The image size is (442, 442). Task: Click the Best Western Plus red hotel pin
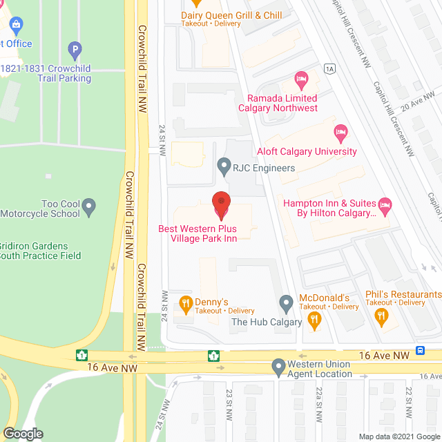(x=221, y=202)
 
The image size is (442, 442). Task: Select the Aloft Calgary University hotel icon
(x=340, y=131)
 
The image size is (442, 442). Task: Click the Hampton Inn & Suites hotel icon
(x=385, y=204)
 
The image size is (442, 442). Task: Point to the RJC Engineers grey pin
(x=223, y=166)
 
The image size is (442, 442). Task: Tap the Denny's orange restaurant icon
(x=185, y=302)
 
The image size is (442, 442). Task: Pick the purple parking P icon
(x=75, y=50)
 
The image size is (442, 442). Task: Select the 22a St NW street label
(x=320, y=401)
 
